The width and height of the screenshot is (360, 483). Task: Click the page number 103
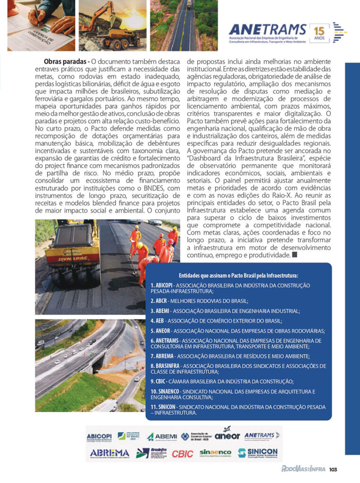(334, 469)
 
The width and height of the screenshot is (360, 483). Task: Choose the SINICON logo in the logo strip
(258, 453)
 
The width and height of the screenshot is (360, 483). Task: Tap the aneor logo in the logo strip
(227, 435)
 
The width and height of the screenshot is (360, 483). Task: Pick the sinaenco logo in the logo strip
(215, 453)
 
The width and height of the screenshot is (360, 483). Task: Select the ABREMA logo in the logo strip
(109, 453)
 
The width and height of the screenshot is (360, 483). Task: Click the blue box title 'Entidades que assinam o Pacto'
(238, 275)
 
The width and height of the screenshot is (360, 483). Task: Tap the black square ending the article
(295, 255)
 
